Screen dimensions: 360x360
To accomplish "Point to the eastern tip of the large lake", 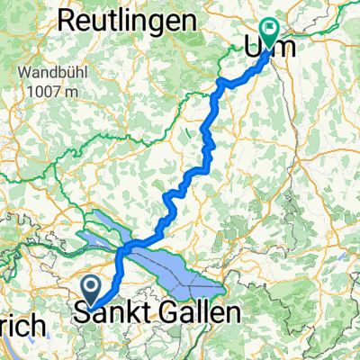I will (223, 289).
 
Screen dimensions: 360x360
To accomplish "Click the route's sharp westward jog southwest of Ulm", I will (223, 83).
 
